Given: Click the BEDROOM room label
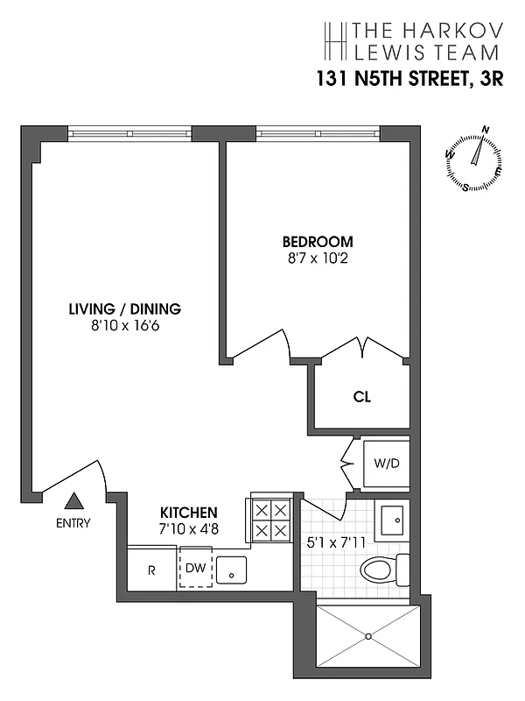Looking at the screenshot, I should click(317, 242).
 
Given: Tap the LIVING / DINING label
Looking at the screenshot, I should click(124, 308).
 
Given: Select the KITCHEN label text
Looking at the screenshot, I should click(188, 513).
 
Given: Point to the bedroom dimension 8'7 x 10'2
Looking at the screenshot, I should click(317, 258).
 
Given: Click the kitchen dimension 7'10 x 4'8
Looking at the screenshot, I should click(188, 528).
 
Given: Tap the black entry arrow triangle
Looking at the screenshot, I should click(74, 501).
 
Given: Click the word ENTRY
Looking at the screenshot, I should click(73, 523).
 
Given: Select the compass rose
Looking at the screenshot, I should click(475, 159).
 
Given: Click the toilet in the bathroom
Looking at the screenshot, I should click(383, 570).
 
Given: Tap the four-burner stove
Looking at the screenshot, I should click(269, 520).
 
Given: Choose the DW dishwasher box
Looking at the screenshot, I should click(195, 569).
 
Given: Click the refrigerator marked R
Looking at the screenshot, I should click(151, 569).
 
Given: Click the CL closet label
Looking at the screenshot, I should click(362, 396).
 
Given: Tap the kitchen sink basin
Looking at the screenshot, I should click(231, 570).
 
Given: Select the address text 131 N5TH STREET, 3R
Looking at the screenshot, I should click(409, 80).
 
